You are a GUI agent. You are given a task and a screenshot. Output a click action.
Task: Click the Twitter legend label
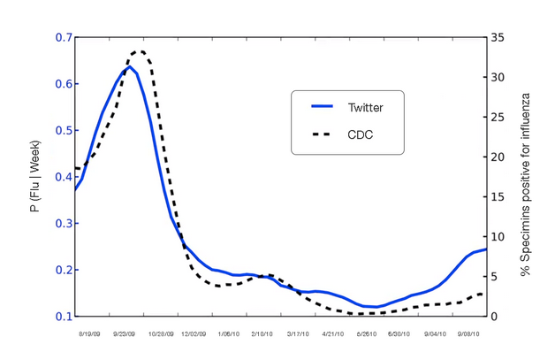click(365, 107)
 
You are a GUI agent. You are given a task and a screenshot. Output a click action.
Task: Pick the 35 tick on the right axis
click(498, 38)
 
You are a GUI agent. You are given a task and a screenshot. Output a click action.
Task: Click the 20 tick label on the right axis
click(498, 157)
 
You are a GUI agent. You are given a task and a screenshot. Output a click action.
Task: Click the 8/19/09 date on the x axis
click(89, 335)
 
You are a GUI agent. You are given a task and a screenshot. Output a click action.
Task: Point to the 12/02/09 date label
click(193, 335)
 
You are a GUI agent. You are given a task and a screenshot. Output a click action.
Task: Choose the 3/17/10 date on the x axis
click(297, 335)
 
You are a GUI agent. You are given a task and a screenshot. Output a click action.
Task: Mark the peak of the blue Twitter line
click(129, 66)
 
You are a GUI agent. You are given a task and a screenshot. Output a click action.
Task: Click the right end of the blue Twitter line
click(485, 249)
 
